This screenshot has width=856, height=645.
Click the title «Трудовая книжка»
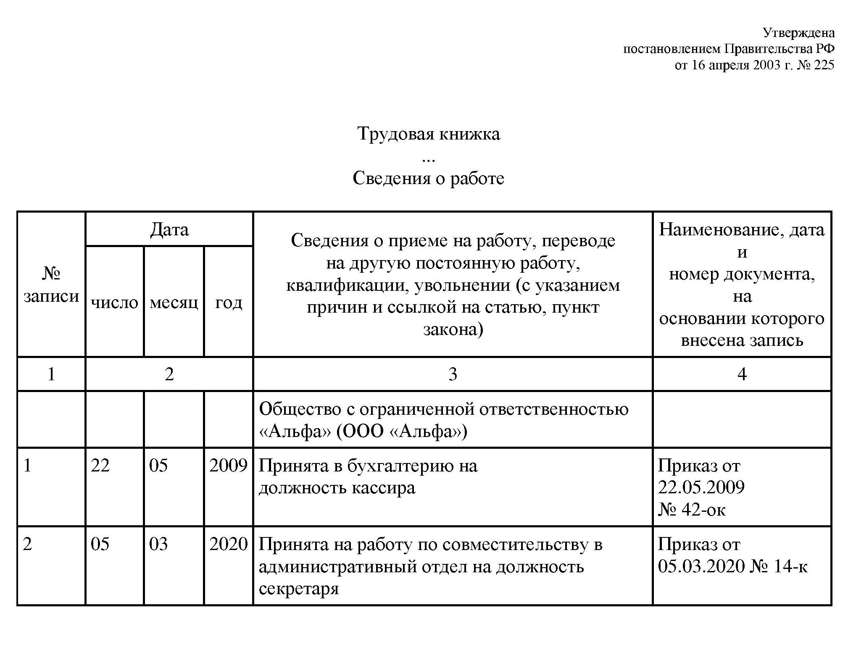tap(428, 134)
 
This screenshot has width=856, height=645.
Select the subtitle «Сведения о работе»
tap(428, 178)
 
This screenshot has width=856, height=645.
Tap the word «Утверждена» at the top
tap(798, 33)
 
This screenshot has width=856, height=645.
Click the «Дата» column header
tap(169, 229)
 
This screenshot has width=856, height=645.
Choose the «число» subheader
tap(114, 302)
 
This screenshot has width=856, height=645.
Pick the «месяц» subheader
tap(174, 302)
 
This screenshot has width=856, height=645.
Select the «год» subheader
tap(229, 302)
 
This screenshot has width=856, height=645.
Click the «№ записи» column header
tap(51, 285)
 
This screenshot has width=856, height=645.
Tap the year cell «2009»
tap(228, 466)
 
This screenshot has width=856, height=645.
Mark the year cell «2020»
tap(228, 545)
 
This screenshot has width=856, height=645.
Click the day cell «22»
tap(100, 466)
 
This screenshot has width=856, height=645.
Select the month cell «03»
tap(158, 545)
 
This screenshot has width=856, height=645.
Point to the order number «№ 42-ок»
tap(692, 510)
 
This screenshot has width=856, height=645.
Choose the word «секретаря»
tap(299, 589)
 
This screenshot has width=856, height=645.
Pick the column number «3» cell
tap(453, 374)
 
